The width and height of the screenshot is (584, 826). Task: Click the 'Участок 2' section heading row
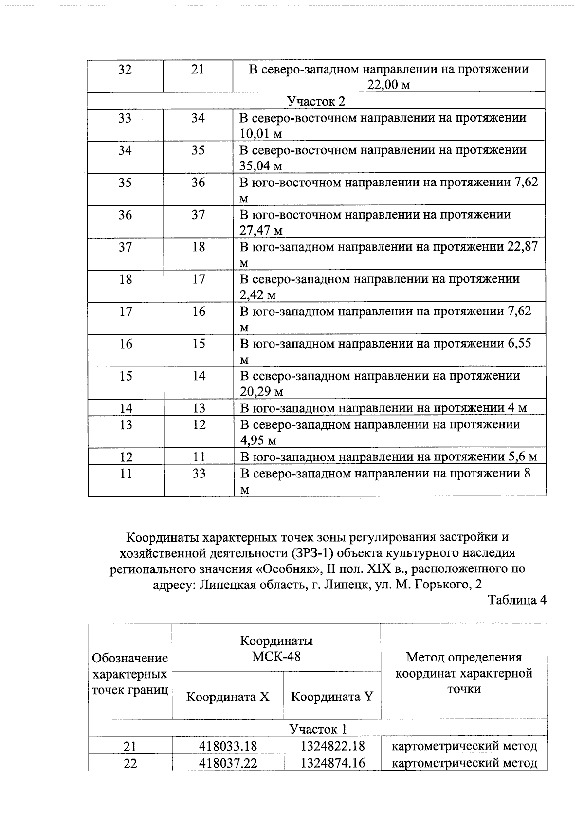[x=316, y=101]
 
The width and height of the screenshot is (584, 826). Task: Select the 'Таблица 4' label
[x=517, y=600]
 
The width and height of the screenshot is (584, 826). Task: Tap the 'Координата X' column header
[x=228, y=697]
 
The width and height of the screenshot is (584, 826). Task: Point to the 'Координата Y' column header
[x=332, y=697]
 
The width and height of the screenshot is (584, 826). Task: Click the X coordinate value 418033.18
[x=228, y=746]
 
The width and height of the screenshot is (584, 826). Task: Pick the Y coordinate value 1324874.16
[x=332, y=763]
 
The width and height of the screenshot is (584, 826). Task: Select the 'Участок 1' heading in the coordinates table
[x=318, y=729]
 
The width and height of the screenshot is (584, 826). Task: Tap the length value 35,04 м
[x=261, y=166]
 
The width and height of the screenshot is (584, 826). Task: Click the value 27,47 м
[x=261, y=230]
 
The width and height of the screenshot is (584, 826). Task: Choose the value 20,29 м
[x=261, y=392]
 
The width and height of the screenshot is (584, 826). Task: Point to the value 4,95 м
[x=258, y=441]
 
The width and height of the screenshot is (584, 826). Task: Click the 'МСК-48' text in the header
[x=276, y=656]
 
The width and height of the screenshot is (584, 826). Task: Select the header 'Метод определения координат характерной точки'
[x=464, y=673]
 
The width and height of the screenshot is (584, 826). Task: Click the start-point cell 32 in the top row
[x=125, y=70]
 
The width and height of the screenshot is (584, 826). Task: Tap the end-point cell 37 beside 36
[x=198, y=215]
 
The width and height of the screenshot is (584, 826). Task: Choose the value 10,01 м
[x=261, y=134]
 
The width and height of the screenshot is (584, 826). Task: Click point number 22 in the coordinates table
[x=130, y=763]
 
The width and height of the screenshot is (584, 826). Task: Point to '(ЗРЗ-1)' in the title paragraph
[x=314, y=553]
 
